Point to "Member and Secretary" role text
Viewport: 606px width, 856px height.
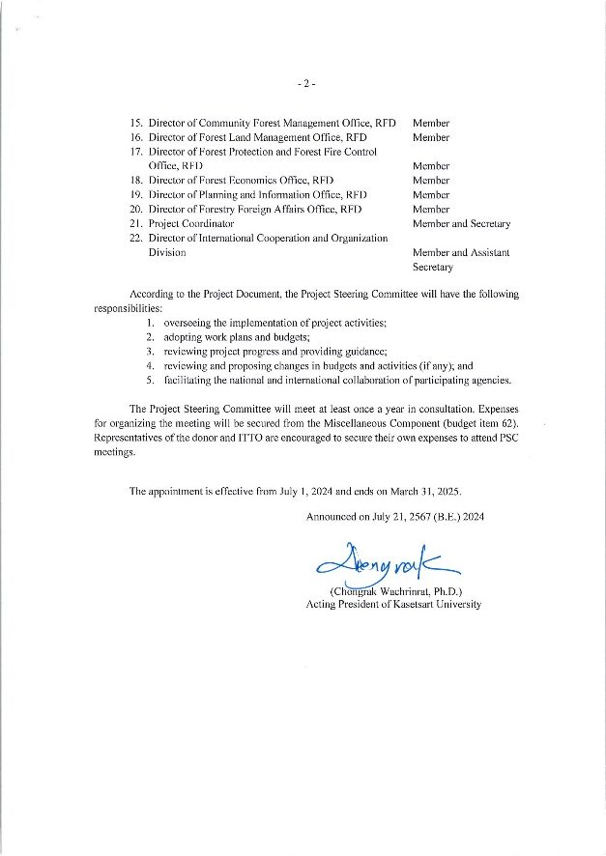pyautogui.click(x=461, y=223)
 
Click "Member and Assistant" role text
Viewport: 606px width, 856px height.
pyautogui.click(x=461, y=252)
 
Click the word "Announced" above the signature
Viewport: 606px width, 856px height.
pyautogui.click(x=331, y=517)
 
